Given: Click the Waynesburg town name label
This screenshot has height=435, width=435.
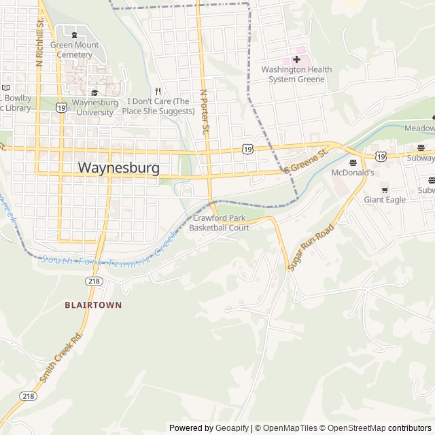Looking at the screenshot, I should [x=119, y=167].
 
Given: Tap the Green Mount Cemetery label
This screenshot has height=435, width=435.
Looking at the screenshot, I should [x=75, y=50].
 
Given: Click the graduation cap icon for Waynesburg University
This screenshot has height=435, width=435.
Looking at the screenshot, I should [x=94, y=92].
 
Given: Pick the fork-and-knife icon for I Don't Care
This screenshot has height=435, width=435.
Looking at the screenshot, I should [x=158, y=91].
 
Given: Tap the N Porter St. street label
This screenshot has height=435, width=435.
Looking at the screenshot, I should [x=204, y=111].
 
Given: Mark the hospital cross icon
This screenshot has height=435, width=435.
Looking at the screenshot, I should [x=296, y=59].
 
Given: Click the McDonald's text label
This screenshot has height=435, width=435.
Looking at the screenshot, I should [x=353, y=173].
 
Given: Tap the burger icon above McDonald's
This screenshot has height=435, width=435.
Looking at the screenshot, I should [x=353, y=162].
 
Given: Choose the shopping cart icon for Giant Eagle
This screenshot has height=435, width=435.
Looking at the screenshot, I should [x=385, y=189].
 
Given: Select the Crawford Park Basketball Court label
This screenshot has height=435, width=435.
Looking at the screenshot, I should [x=219, y=223].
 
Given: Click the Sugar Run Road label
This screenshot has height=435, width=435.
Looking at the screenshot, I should [x=311, y=247].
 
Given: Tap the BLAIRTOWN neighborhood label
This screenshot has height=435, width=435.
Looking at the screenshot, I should [x=93, y=305].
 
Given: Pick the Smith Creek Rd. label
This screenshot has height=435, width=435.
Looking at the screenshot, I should [x=60, y=356].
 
